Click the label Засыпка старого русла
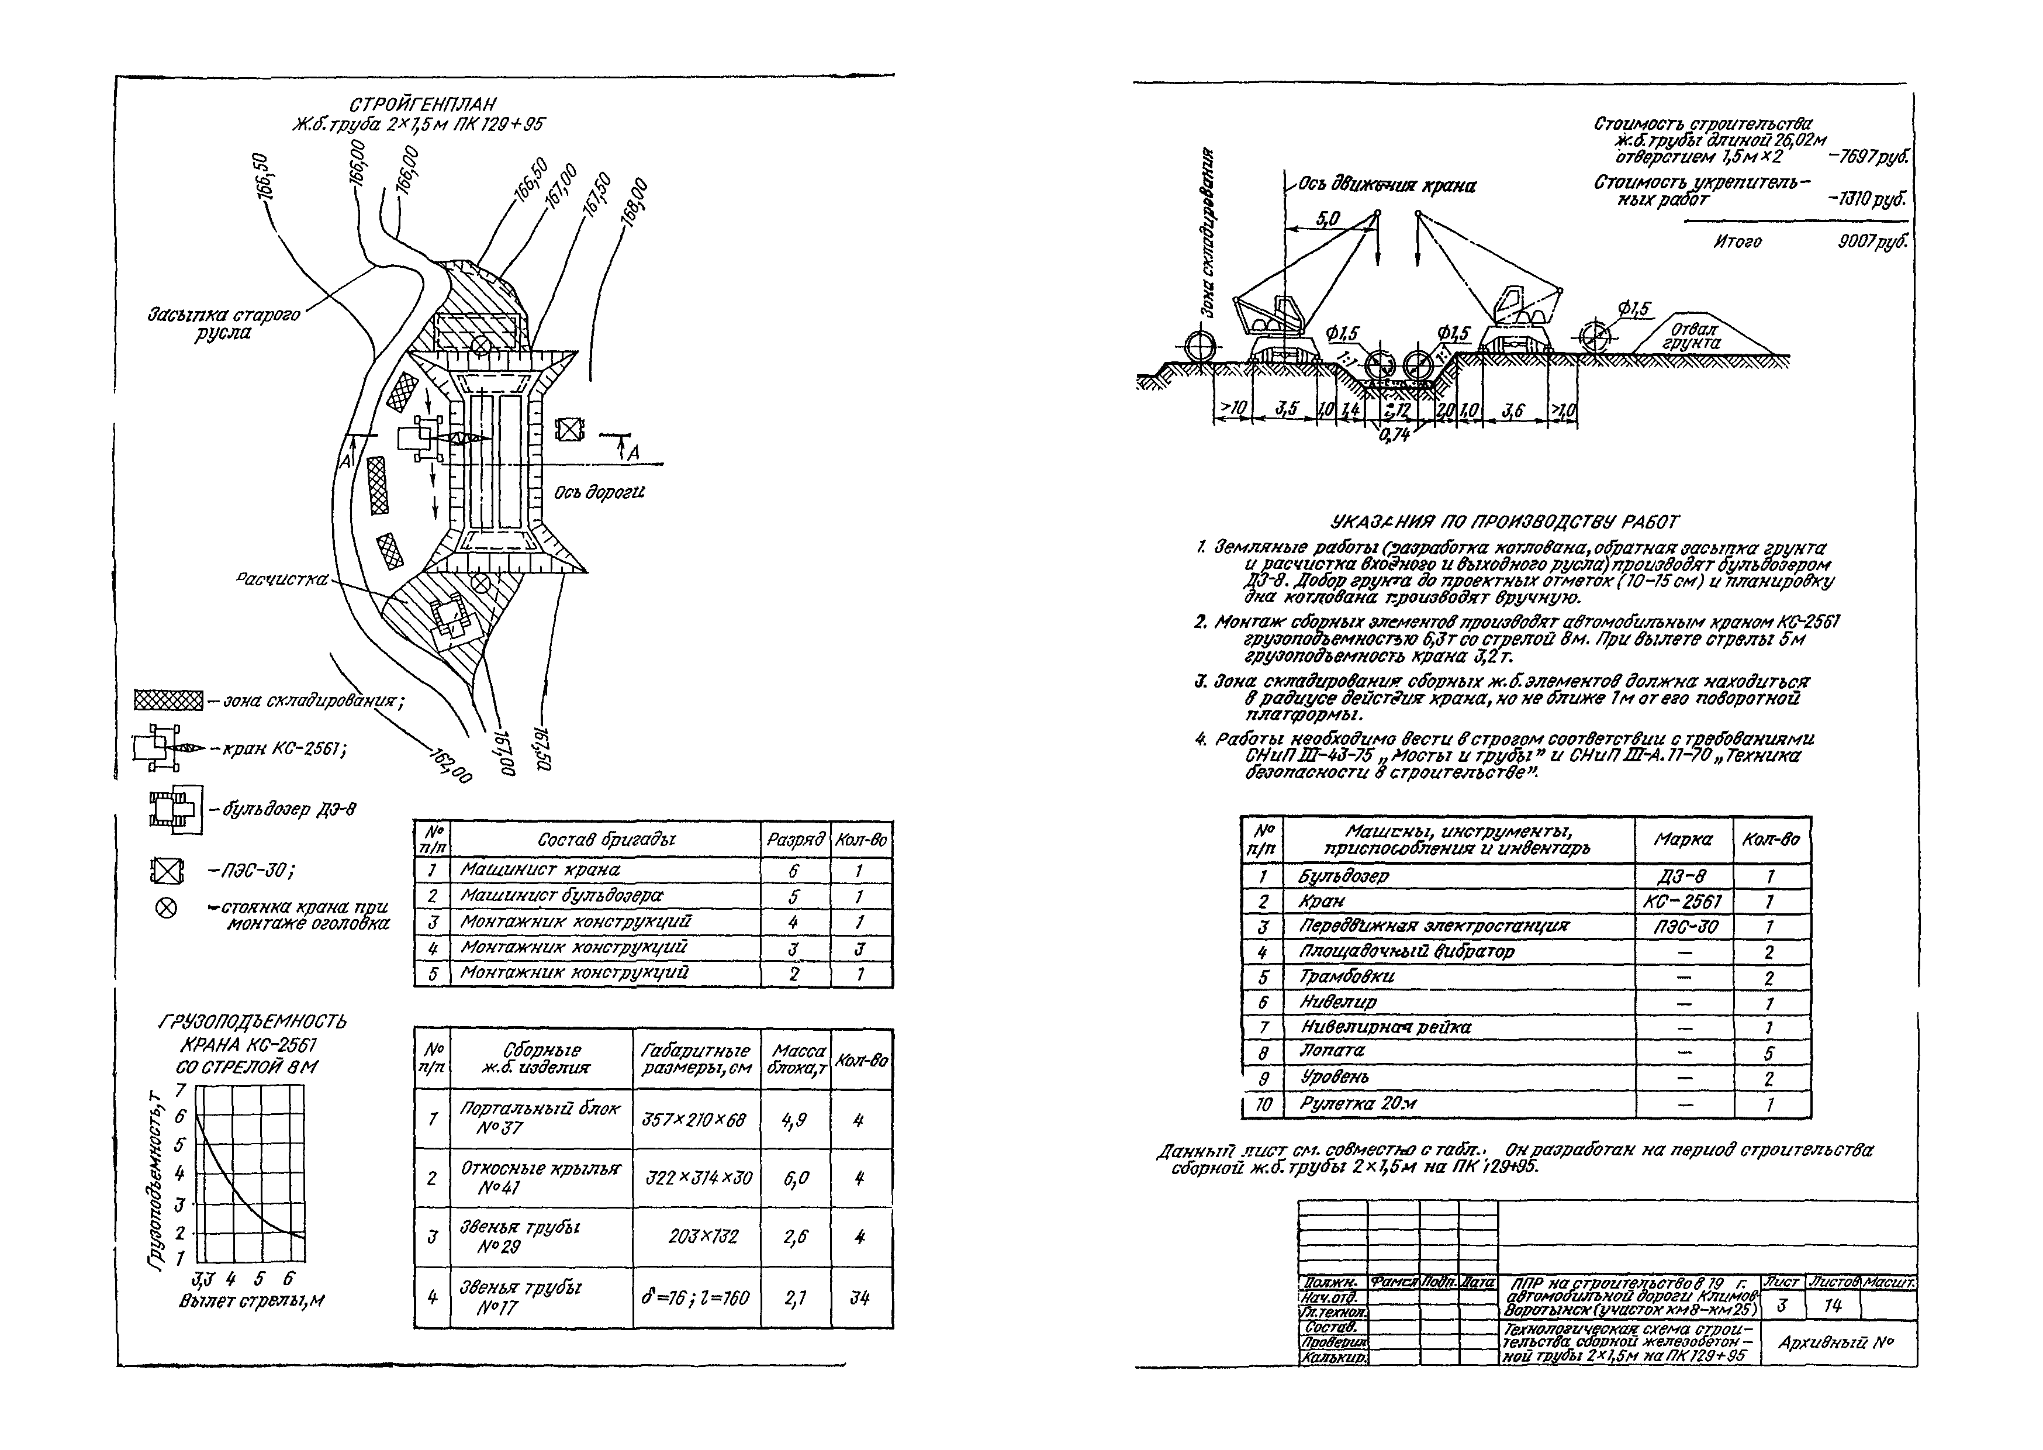pos(224,324)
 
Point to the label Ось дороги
pos(599,492)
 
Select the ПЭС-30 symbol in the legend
pos(166,869)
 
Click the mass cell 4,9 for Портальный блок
pos(794,1120)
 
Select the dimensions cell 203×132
pos(703,1237)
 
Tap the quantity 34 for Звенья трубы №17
pos(859,1297)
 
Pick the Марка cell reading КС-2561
pos(1682,902)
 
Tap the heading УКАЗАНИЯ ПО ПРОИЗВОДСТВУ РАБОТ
pos(1504,522)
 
